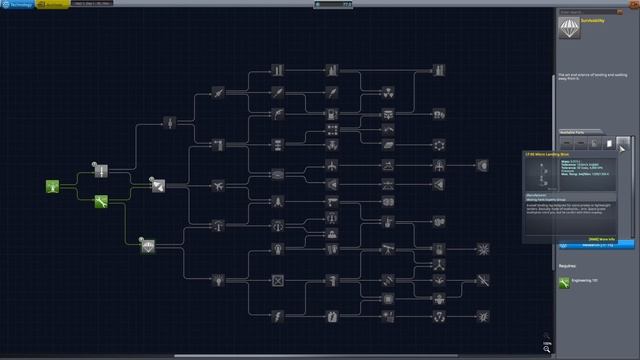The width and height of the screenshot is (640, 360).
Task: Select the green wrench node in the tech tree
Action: click(101, 202)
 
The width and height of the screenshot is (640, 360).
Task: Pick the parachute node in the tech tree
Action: click(148, 245)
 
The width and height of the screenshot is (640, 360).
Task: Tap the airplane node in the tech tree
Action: click(217, 186)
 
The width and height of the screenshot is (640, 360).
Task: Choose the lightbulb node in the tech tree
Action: click(277, 247)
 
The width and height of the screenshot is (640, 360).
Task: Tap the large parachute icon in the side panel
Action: click(567, 29)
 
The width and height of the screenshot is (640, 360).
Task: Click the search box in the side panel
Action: click(594, 12)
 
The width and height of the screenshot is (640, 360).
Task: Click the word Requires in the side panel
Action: click(569, 268)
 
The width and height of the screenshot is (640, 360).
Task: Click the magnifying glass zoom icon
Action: click(548, 347)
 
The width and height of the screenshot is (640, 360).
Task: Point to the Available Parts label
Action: click(574, 131)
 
